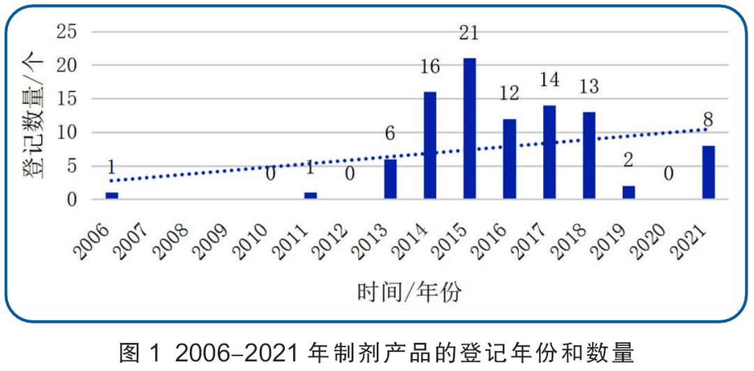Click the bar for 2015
[x=469, y=129]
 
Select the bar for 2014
[x=430, y=146]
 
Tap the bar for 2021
[x=708, y=173]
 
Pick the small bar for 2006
[x=112, y=196]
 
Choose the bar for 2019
[x=628, y=192]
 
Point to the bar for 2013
[x=390, y=180]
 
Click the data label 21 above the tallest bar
[x=470, y=32]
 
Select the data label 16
[x=430, y=66]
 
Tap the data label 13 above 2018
[x=589, y=87]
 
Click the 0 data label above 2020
[x=668, y=173]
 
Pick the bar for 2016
[x=509, y=159]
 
